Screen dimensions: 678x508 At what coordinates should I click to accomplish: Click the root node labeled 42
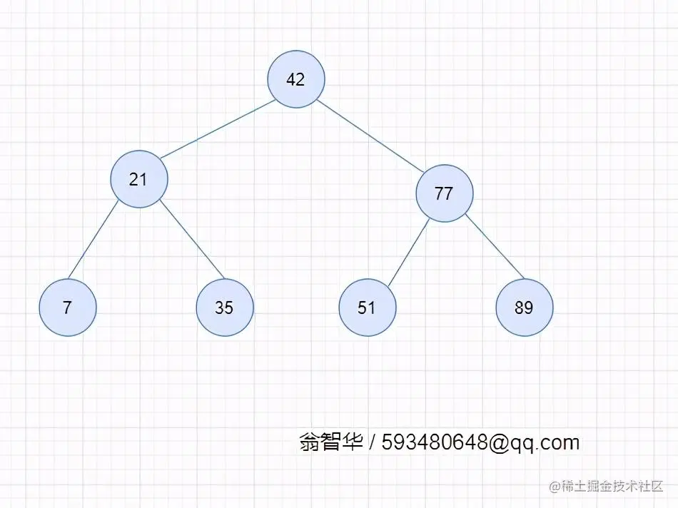coord(296,79)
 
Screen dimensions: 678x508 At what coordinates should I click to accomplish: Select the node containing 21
coord(139,179)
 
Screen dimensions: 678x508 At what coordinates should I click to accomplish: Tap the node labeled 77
coord(444,193)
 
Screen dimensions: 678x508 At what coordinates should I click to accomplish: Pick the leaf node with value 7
coord(68,308)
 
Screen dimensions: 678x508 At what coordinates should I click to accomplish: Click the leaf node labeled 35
coord(225,308)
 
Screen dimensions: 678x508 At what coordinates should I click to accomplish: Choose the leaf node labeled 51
coord(367,308)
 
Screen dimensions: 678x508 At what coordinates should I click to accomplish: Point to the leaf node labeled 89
coord(525,308)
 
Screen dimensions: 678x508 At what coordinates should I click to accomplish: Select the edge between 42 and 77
coord(371,137)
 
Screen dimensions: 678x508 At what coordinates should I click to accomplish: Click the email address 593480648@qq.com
coord(480,442)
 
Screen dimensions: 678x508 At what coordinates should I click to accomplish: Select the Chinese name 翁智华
coord(331,442)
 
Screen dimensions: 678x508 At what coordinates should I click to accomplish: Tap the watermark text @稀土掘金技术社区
coord(606,486)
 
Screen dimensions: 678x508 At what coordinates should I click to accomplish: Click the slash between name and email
coord(373,442)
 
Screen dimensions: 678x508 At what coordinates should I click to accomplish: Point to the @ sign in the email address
coord(499,442)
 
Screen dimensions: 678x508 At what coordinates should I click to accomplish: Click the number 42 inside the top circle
coord(295,79)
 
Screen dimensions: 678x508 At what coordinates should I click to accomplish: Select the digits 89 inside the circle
coord(524,308)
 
